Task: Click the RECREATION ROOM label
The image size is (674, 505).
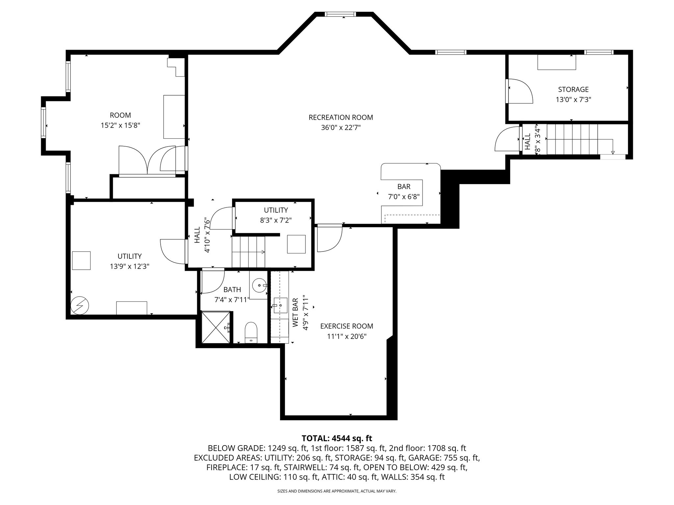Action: [x=341, y=117]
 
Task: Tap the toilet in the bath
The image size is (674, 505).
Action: [x=251, y=332]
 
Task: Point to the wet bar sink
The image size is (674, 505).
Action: [x=280, y=305]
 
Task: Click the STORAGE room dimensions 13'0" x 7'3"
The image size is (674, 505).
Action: [x=573, y=100]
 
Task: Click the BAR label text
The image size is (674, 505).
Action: [x=404, y=187]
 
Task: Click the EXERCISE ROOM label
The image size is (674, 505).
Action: [x=347, y=326]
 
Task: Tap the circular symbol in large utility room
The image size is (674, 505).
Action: [x=80, y=306]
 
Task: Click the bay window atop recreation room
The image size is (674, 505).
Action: [x=340, y=14]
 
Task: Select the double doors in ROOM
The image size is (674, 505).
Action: [x=147, y=160]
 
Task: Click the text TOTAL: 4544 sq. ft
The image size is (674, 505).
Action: [x=337, y=438]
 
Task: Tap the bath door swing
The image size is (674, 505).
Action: [x=212, y=281]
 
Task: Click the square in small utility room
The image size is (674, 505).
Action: [x=296, y=244]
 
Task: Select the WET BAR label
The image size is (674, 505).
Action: [x=295, y=312]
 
